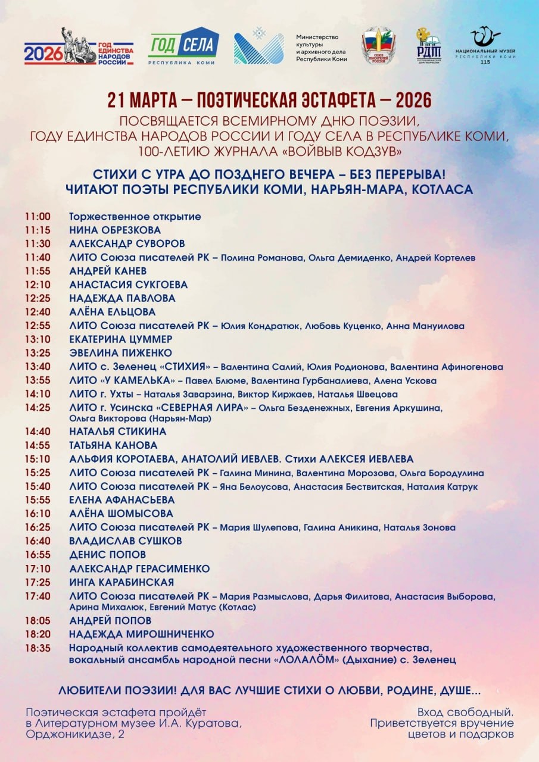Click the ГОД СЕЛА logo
(x=183, y=46)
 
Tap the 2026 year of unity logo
(x=79, y=48)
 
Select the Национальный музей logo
(x=485, y=46)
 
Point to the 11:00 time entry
(x=38, y=217)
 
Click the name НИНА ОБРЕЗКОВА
(x=115, y=230)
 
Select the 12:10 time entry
(x=38, y=285)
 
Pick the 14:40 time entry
(x=38, y=431)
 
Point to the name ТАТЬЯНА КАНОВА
(x=113, y=445)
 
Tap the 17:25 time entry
(x=38, y=582)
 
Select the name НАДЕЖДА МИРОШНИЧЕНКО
(x=141, y=635)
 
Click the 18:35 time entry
(x=38, y=648)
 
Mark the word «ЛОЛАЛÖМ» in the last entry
(x=309, y=660)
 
